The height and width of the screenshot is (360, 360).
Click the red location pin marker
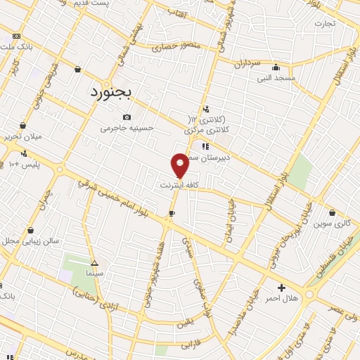click(x=180, y=165)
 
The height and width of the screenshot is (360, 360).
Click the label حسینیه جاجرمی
click(x=127, y=128)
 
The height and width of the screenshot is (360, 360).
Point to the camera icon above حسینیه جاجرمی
click(x=127, y=117)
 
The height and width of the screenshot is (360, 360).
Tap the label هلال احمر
click(x=282, y=299)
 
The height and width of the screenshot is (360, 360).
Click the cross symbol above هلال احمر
click(x=282, y=288)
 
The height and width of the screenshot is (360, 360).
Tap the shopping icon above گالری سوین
click(x=333, y=212)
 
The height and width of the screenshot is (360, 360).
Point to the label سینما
click(x=94, y=271)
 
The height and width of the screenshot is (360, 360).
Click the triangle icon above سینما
click(x=94, y=261)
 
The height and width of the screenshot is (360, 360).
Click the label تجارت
click(x=325, y=22)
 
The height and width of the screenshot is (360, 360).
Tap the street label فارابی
click(x=191, y=345)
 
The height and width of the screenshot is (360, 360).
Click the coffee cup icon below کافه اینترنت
click(x=172, y=212)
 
